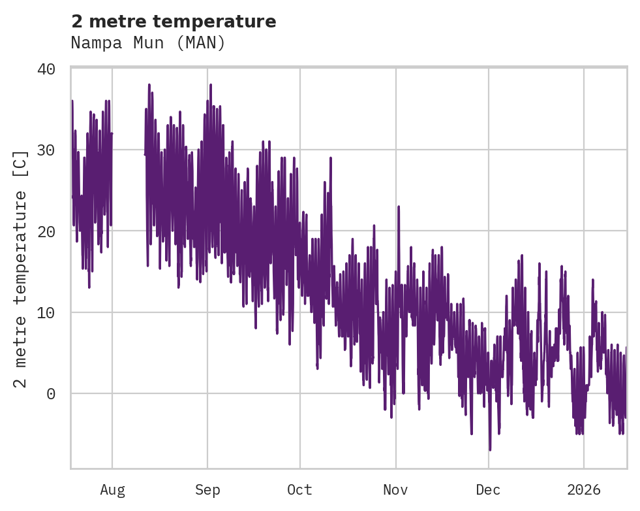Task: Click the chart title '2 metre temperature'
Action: pos(174,22)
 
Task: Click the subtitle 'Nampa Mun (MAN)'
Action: pos(148,43)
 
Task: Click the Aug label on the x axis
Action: pos(112,489)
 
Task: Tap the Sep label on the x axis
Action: pos(207,489)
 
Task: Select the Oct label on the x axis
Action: pos(300,489)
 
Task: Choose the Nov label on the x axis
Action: pos(395,489)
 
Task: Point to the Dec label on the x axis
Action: pos(488,489)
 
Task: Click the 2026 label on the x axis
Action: pos(584,489)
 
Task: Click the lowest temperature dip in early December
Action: pos(489,450)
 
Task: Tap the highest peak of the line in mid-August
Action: pos(149,85)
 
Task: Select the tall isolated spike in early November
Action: pos(399,207)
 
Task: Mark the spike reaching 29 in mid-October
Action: pos(331,158)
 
